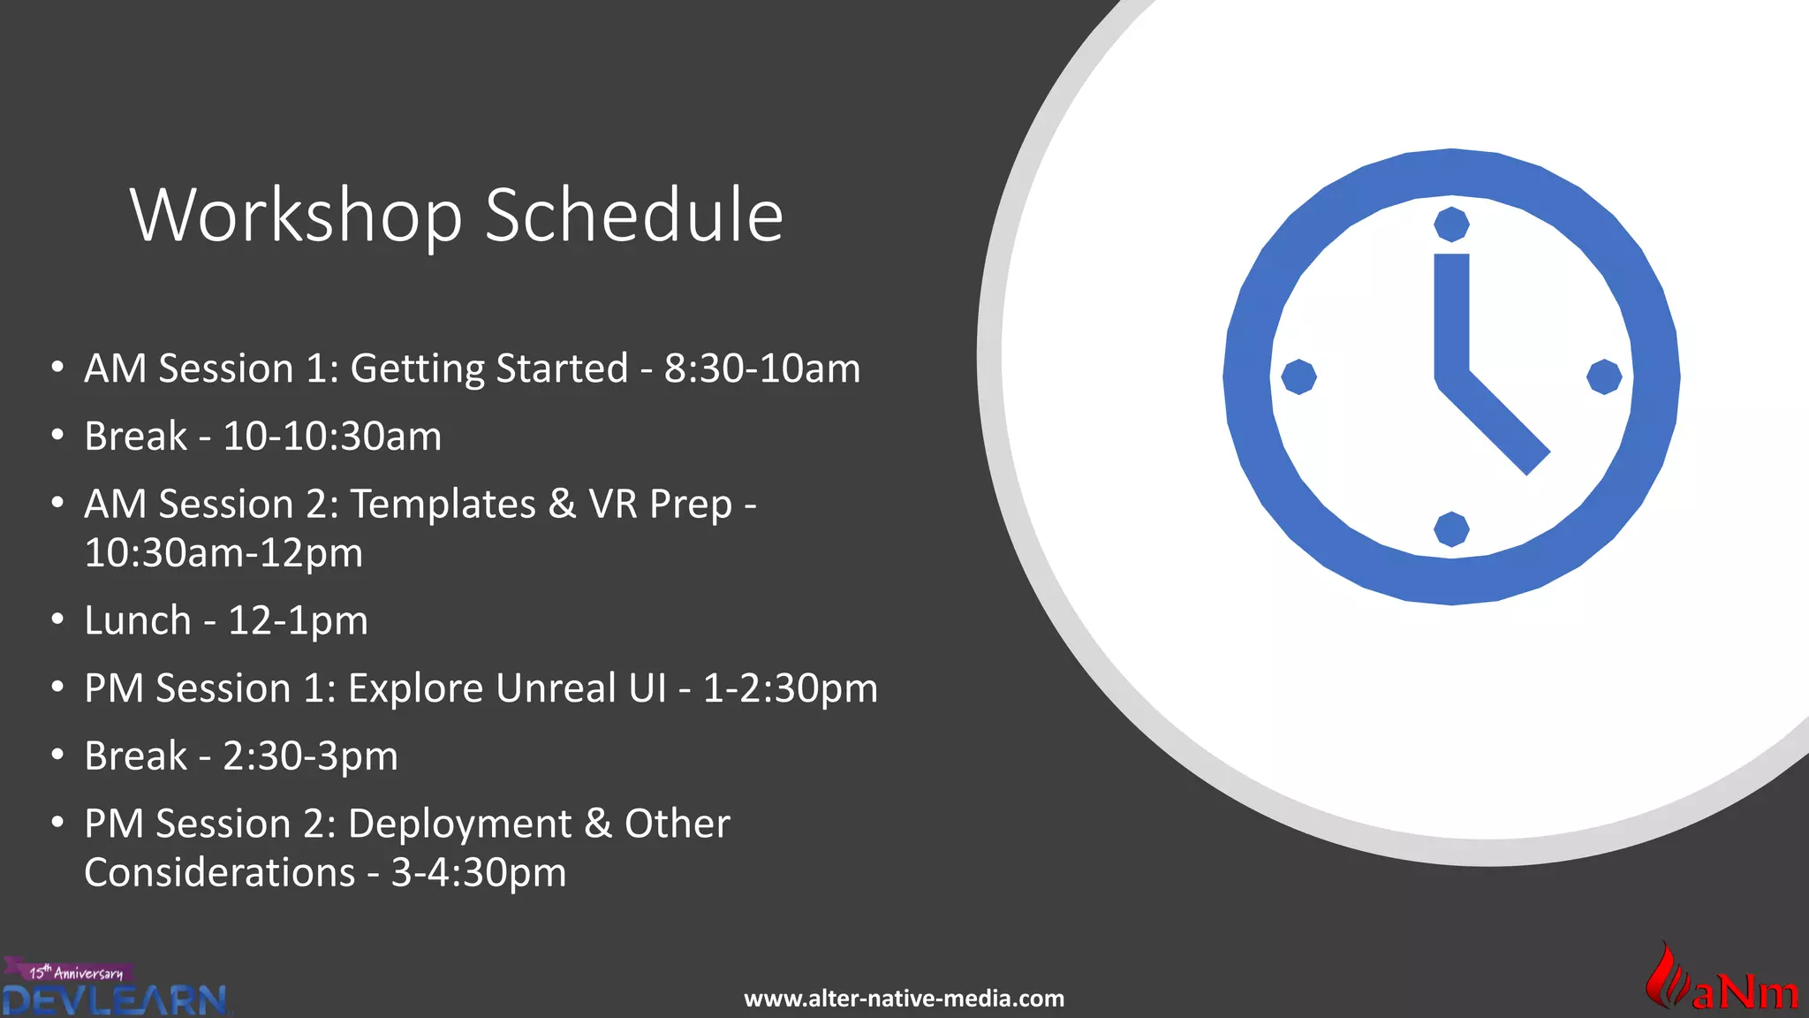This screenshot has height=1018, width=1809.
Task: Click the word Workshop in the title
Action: click(296, 216)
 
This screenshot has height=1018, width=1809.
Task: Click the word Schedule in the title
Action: click(633, 216)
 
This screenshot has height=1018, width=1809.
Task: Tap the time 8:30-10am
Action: click(761, 368)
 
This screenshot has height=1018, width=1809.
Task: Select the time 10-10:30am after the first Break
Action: click(331, 437)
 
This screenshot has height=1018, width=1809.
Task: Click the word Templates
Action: click(443, 505)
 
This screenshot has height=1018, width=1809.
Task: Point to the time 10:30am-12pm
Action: click(223, 553)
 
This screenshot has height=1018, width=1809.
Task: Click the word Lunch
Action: click(137, 620)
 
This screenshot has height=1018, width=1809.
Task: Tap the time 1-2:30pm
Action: click(790, 688)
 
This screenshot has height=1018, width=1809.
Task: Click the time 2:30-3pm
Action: click(310, 756)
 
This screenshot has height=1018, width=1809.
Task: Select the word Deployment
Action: click(459, 824)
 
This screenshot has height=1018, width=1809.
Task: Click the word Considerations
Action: click(219, 873)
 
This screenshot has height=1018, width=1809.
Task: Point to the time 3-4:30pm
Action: click(478, 873)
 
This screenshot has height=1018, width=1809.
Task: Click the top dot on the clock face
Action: click(1451, 224)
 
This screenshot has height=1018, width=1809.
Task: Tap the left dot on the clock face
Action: click(1298, 377)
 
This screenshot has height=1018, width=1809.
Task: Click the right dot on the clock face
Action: click(1604, 377)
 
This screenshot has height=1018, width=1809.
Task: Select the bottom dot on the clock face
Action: click(1451, 529)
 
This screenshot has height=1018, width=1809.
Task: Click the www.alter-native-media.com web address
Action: click(904, 999)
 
